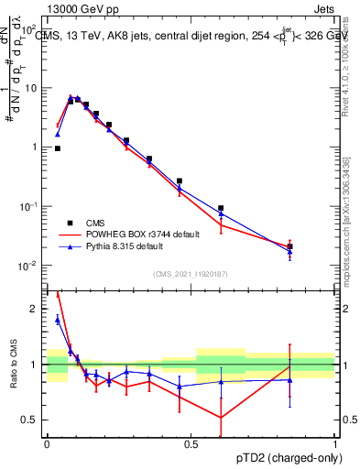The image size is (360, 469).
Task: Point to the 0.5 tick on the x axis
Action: point(191,444)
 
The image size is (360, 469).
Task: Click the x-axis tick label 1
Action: point(334,444)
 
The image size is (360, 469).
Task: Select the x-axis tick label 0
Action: point(47,444)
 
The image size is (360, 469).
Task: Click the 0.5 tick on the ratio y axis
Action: point(32,420)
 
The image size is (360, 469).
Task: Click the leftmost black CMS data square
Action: point(58,147)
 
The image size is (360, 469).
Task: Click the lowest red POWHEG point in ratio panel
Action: point(221,418)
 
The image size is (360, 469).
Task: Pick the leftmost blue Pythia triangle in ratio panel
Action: point(58,319)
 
